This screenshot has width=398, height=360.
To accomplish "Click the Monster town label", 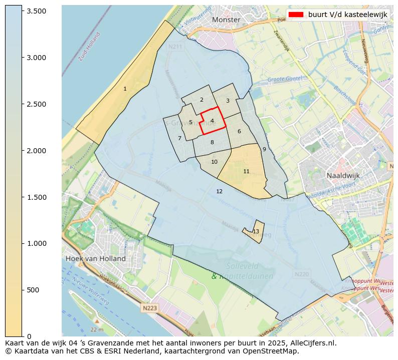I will [226, 20].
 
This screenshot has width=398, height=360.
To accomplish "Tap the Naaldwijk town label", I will [343, 176].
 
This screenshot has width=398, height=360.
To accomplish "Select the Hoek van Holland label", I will [95, 258].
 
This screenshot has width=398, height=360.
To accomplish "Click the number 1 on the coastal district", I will [125, 89].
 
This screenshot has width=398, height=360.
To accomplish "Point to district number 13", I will [256, 231].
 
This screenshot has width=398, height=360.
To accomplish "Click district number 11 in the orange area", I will [246, 171].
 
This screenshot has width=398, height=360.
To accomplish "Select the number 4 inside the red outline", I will [213, 121].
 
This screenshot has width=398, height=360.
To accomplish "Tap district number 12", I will [219, 191].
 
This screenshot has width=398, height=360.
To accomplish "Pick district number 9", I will [264, 149].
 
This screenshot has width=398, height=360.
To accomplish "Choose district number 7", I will [179, 138].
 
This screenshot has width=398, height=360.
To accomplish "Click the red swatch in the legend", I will [296, 15].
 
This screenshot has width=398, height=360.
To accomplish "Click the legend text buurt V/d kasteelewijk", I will [347, 15].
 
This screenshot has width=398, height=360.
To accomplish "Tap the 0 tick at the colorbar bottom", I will [30, 336].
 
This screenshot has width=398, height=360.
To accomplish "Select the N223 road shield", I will [149, 308].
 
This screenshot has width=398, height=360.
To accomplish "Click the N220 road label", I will [301, 274].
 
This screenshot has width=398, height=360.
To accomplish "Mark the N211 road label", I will [175, 47].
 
